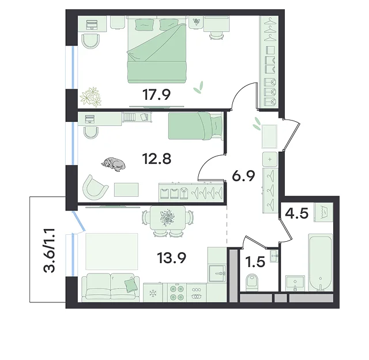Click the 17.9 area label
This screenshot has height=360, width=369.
tap(156, 95)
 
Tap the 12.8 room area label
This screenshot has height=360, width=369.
tap(156, 159)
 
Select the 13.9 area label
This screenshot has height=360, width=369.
tap(172, 257)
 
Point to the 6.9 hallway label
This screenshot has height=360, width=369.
tap(243, 176)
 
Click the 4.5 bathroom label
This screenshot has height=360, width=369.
tap(296, 213)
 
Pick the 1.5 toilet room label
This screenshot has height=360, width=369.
tap(255, 262)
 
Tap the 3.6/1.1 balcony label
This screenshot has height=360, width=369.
tap(49, 250)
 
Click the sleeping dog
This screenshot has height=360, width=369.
tap(114, 164)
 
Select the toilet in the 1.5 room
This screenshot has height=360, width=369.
tap(251, 282)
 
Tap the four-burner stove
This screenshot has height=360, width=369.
tap(177, 292)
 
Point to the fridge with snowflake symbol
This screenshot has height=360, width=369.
tap(153, 292)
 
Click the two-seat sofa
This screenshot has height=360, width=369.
tap(110, 287)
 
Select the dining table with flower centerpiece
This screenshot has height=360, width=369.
tap(167, 217)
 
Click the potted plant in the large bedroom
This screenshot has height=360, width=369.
tap(91, 96)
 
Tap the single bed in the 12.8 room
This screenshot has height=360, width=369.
tap(195, 126)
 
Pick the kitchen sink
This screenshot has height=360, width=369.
tap(217, 273)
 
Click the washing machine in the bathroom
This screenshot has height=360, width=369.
tap(323, 212)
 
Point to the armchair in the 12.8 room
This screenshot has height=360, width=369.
tap(96, 187)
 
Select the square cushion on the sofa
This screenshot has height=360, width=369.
tap(131, 286)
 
